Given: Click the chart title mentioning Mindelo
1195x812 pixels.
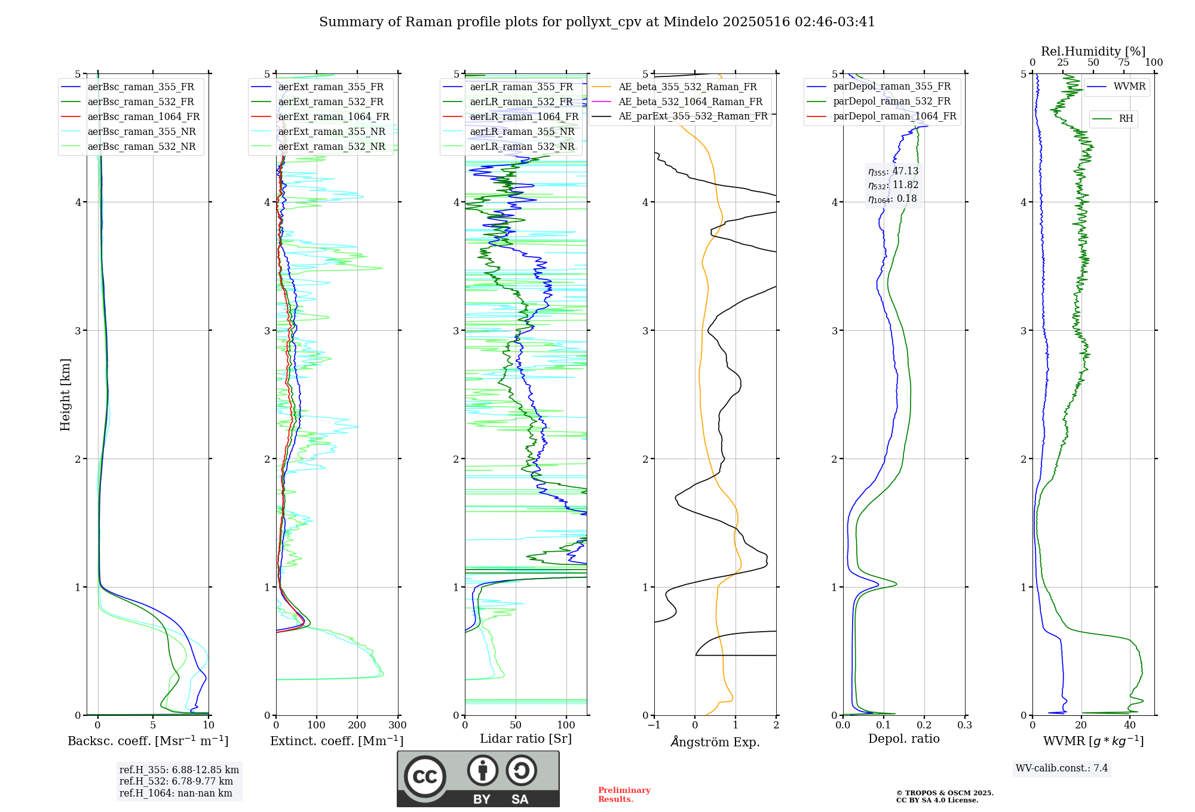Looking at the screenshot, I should click(597, 22).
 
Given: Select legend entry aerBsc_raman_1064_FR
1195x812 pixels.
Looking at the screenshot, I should click(143, 117).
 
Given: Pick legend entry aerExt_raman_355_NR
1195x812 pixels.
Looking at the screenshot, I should click(332, 132).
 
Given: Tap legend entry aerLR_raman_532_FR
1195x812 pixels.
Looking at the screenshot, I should click(521, 102).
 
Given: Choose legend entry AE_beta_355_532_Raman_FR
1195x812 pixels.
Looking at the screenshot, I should click(687, 87).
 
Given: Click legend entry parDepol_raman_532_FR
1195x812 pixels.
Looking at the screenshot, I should click(891, 101).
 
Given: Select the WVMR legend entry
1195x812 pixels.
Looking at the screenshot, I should click(1129, 87).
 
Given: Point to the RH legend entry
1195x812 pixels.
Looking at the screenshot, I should click(1126, 119).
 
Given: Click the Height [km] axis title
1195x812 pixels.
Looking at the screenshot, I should click(65, 395).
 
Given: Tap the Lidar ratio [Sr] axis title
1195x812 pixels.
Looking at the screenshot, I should click(526, 739).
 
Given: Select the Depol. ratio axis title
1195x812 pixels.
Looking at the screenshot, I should click(903, 739).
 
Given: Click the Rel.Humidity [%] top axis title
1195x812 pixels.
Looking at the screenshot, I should click(1093, 51).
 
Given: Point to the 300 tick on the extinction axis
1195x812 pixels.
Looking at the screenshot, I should click(397, 725).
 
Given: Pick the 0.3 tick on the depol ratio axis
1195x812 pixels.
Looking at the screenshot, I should click(964, 725).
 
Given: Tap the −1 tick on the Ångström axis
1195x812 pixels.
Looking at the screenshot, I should click(654, 725).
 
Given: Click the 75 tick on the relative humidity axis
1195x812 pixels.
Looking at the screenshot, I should click(1123, 63).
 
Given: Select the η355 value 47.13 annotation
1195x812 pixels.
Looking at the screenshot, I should click(893, 171).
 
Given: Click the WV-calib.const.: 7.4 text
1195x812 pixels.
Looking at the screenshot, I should click(1061, 768).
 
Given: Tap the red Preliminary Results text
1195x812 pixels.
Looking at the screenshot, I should click(624, 795).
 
